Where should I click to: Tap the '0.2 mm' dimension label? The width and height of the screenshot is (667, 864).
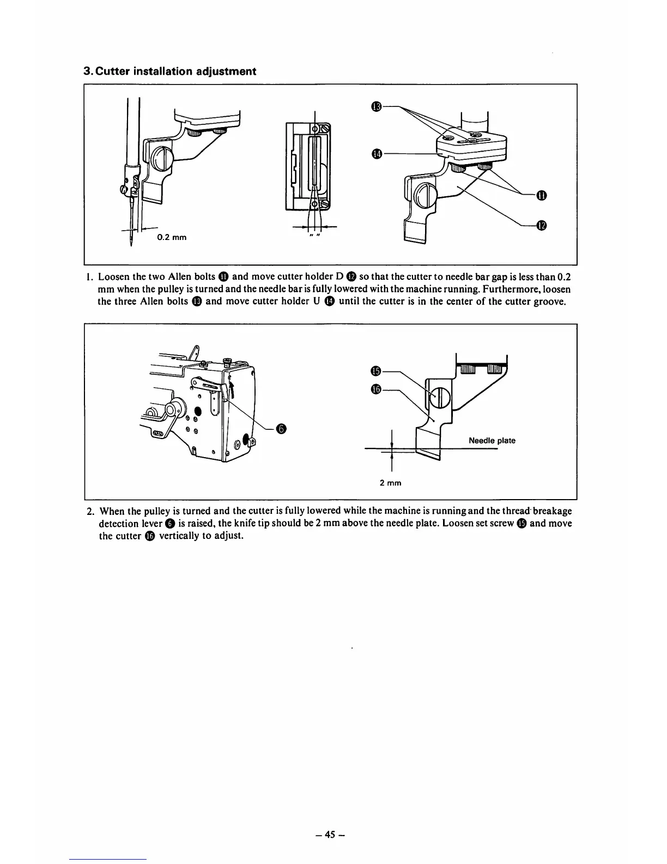[172, 237]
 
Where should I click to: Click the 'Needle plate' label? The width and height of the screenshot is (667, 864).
[492, 441]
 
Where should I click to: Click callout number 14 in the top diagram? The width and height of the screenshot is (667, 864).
[375, 154]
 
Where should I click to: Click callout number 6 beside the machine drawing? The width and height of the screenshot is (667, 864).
[280, 429]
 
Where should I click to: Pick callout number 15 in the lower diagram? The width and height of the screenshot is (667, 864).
[375, 371]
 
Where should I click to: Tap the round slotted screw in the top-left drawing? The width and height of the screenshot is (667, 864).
[163, 160]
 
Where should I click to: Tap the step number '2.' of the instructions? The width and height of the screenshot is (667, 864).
[90, 511]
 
